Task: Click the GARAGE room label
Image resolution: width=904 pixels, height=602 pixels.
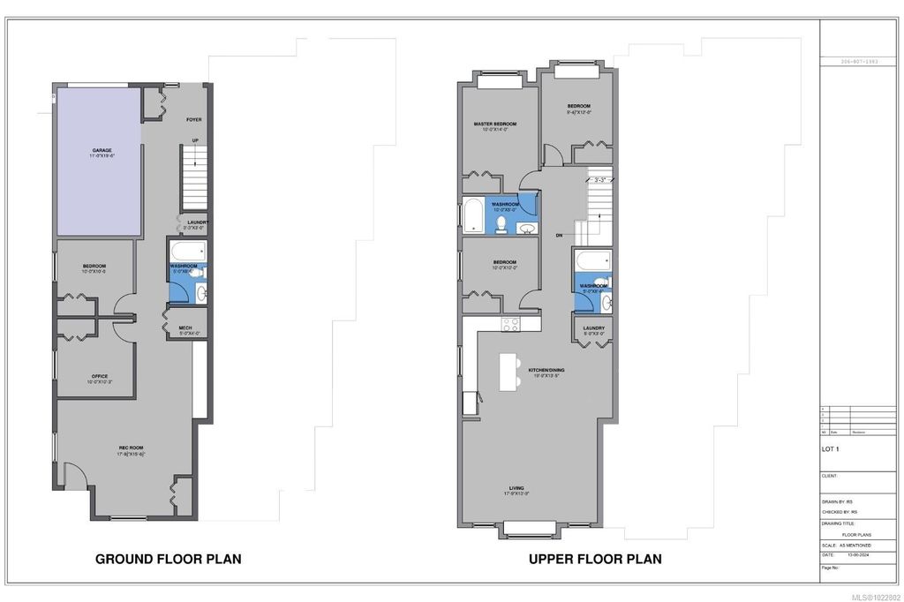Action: (x=101, y=151)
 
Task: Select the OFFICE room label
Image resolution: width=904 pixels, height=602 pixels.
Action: (x=99, y=377)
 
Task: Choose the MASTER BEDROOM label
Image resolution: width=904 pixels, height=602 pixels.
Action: (x=494, y=124)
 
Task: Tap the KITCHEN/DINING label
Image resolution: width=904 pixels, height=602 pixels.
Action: (x=546, y=370)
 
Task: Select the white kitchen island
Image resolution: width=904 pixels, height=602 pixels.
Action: (x=508, y=372)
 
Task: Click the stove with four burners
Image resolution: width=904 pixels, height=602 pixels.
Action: (x=509, y=323)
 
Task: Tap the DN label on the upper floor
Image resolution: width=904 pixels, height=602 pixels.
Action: (x=559, y=236)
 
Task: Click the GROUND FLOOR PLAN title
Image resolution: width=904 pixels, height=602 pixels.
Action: (x=168, y=559)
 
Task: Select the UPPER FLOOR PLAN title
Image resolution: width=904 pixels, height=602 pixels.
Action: (x=594, y=559)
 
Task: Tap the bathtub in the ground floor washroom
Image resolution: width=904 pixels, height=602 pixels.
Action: (x=186, y=250)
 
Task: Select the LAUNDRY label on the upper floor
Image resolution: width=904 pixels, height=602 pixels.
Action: (x=593, y=328)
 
